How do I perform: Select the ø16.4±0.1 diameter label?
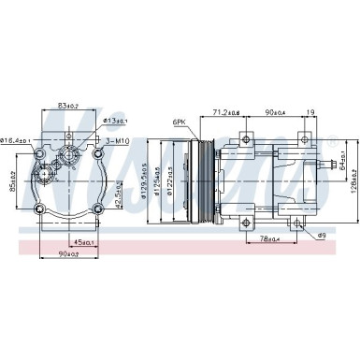[x=16, y=141]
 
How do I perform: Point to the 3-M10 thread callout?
[x=116, y=141]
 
